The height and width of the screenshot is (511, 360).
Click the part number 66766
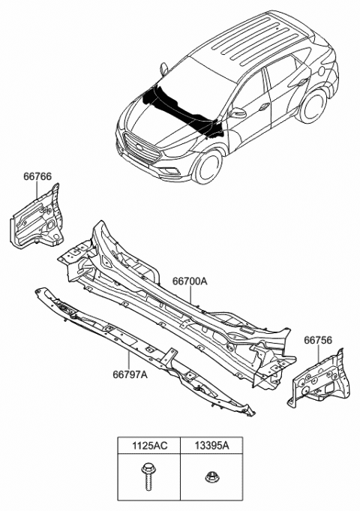(37, 177)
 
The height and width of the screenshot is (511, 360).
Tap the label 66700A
(190, 281)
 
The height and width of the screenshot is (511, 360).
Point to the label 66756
(318, 341)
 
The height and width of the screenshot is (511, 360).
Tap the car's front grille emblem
(136, 144)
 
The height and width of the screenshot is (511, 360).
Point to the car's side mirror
(239, 113)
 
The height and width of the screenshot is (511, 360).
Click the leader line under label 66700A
(193, 296)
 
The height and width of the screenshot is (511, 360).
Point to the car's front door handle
(266, 107)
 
